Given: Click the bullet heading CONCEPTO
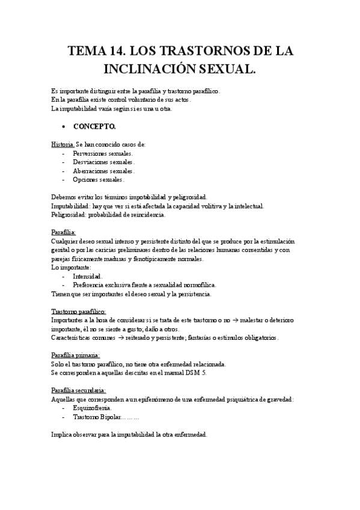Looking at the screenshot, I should tap(95, 127).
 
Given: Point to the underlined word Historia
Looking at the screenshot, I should tap(63, 144).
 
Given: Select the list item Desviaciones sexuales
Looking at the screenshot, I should tap(103, 162).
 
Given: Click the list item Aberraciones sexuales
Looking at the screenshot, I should tap(103, 171).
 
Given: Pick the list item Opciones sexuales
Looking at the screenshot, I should tap(99, 179).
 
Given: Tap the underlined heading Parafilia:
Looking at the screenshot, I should tap(64, 232).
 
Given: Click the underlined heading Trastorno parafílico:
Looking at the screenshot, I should tap(78, 312).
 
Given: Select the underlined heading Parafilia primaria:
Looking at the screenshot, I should tap(75, 355).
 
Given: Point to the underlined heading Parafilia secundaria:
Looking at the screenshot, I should tap(79, 390).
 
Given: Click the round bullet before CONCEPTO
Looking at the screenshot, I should tap(63, 127).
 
